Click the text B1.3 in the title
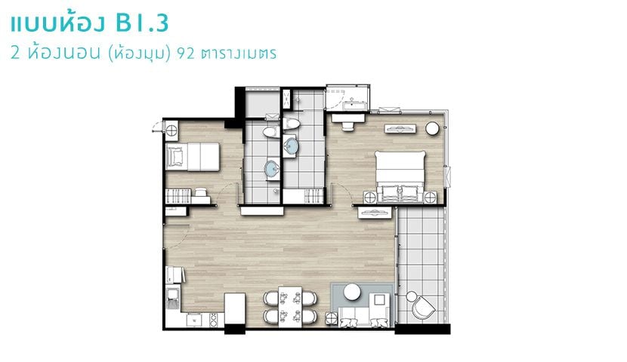pos(142,23)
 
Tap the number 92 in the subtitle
pos(186,53)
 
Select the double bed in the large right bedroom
pos(400,173)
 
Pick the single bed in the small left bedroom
pos(193,156)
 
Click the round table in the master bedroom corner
pos(432,128)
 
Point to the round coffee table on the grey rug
pos(352,291)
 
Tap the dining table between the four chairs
pos(290,306)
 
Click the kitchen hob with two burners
pos(214,319)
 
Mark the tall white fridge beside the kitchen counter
pos(235,308)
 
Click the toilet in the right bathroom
pos(291,124)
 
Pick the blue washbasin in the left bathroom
pos(273,169)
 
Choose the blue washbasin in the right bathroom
pos(291,146)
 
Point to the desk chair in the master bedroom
pos(347,126)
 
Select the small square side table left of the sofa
pos(332,318)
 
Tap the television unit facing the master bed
pos(400,128)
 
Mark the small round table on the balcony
pos(411,296)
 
